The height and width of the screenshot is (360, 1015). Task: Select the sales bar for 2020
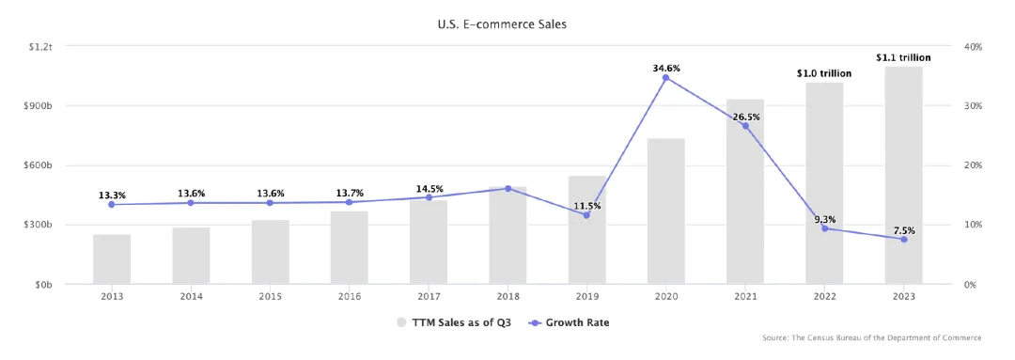coord(666,211)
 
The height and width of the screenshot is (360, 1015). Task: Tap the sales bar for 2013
coord(112,259)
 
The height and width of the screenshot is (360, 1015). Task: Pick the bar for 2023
coord(904,176)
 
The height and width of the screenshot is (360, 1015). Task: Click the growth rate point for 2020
coord(666,78)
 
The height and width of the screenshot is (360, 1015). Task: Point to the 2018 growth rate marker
coord(507,188)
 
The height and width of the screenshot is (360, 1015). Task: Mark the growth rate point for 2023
coord(904,240)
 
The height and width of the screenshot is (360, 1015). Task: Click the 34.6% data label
coord(666,68)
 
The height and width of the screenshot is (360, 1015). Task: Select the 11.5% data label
coord(586,206)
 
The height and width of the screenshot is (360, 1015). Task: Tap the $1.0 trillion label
coord(824,74)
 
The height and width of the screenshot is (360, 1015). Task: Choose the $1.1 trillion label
coord(904,57)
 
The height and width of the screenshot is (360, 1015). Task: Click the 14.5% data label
coord(429,188)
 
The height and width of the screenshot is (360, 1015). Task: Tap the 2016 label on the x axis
coord(350,297)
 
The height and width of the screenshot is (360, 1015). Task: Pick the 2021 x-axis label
coord(745,297)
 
